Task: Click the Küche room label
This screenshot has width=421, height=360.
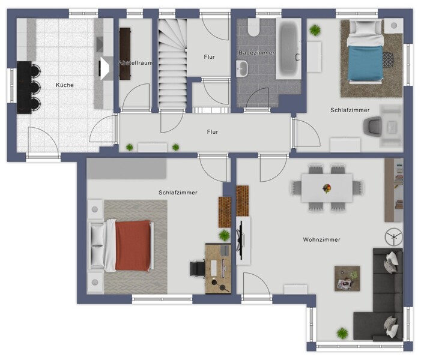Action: pyautogui.click(x=65, y=85)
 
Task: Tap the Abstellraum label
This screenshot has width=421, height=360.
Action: pyautogui.click(x=136, y=63)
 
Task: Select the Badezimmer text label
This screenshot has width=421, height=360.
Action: pyautogui.click(x=256, y=53)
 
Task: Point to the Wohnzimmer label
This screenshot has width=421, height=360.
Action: pyautogui.click(x=322, y=239)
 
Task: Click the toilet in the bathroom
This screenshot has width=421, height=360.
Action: pyautogui.click(x=253, y=27)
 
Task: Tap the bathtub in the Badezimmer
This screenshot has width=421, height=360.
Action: pyautogui.click(x=289, y=49)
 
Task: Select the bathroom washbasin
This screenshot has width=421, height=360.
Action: pyautogui.click(x=242, y=68)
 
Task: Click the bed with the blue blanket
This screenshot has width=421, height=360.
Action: pyautogui.click(x=365, y=51)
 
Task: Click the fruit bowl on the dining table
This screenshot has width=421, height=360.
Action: pyautogui.click(x=327, y=188)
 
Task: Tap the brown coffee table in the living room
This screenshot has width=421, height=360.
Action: pyautogui.click(x=347, y=278)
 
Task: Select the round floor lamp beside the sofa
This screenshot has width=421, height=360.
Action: pyautogui.click(x=393, y=237)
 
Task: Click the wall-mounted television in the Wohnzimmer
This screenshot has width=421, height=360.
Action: pyautogui.click(x=241, y=241)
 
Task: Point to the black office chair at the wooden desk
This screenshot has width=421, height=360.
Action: pyautogui.click(x=198, y=269)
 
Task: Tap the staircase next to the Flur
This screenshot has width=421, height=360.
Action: pyautogui.click(x=172, y=64)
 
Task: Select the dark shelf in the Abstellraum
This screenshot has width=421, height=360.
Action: pyautogui.click(x=125, y=53)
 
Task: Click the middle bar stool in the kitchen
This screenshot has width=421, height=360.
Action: pyautogui.click(x=35, y=87)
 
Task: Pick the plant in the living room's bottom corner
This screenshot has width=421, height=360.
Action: pyautogui.click(x=342, y=333)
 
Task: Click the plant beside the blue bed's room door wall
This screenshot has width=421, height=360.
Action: pyautogui.click(x=315, y=30)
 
